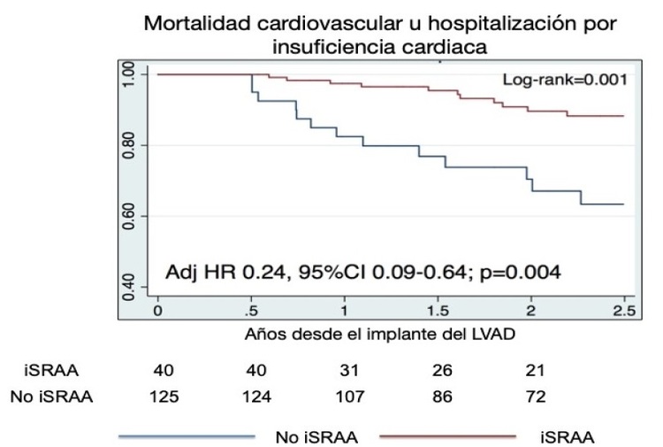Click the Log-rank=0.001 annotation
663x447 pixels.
[x=565, y=80]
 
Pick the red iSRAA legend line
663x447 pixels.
[x=448, y=435]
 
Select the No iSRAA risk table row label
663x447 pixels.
[x=51, y=397]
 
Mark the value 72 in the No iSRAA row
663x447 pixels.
[x=534, y=397]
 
